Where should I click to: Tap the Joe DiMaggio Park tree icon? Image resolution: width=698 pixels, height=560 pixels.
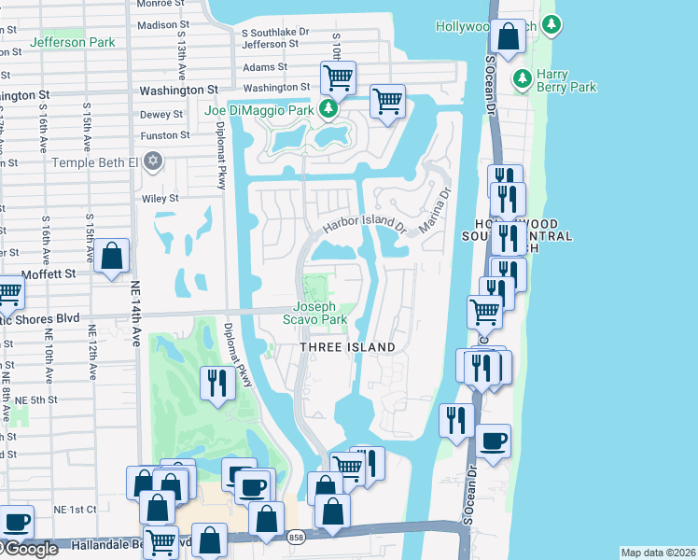point(328,110)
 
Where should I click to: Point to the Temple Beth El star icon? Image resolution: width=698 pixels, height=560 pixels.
point(155,162)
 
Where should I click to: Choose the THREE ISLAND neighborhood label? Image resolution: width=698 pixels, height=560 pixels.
point(347,347)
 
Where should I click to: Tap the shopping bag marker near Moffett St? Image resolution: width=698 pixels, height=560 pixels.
point(111,256)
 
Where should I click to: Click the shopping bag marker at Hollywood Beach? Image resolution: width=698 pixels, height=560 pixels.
point(509,37)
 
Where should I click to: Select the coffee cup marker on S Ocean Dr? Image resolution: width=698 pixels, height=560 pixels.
point(494,441)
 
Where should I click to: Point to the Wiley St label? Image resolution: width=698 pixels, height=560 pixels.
point(160,198)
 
